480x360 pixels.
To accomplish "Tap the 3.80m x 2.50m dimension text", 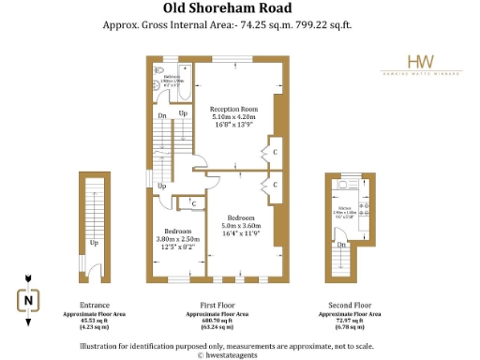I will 178,238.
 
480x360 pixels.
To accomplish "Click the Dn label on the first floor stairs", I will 162,115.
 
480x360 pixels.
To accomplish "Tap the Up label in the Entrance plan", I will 94,243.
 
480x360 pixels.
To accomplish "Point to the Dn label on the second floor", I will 341,245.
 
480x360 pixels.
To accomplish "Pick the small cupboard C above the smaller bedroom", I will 193,202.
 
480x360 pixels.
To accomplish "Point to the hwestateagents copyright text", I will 239,355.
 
